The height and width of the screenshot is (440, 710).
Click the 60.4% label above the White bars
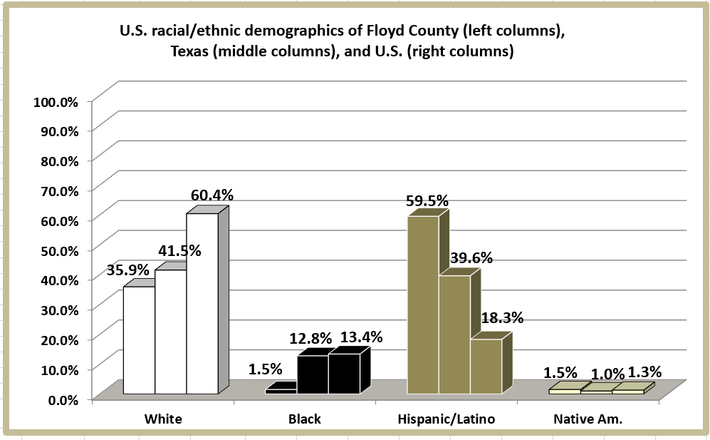click(x=212, y=195)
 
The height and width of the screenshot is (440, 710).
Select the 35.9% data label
click(x=128, y=270)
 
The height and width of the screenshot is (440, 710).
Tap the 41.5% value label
click(x=179, y=250)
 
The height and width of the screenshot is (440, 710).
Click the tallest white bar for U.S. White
click(x=202, y=303)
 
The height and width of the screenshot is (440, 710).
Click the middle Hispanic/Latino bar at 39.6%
click(x=454, y=334)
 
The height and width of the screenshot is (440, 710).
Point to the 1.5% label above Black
click(x=265, y=369)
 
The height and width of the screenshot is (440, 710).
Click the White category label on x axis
click(x=163, y=419)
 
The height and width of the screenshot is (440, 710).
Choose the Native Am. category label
click(x=588, y=419)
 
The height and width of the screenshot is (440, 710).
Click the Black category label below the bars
click(x=304, y=419)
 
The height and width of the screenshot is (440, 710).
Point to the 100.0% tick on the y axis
click(x=56, y=101)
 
